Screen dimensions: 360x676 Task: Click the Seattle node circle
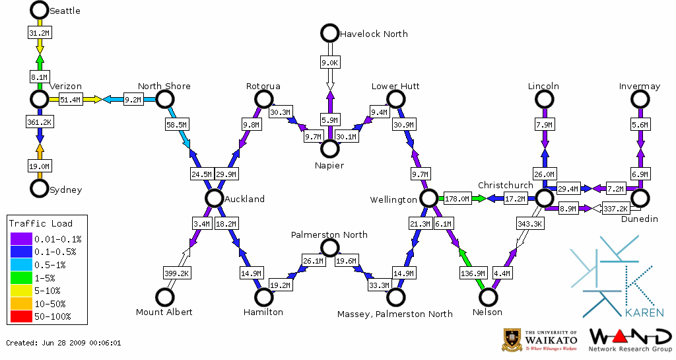[x=39, y=10]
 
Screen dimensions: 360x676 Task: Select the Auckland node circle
[x=213, y=198]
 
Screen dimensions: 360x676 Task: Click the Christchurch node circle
[x=544, y=198]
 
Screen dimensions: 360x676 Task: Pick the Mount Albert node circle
[x=164, y=297]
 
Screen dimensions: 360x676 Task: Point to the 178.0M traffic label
[x=457, y=198]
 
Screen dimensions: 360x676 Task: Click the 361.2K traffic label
[x=39, y=122]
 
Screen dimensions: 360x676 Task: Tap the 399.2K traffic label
[x=176, y=272]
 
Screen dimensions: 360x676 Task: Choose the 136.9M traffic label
[x=473, y=272]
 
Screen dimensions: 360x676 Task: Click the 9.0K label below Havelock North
[x=329, y=63]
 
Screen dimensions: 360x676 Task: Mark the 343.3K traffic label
[x=529, y=224]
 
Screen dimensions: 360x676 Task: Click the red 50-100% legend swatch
[x=22, y=316]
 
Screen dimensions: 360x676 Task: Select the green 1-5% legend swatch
[x=22, y=277]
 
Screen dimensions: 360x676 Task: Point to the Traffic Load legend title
[x=41, y=223]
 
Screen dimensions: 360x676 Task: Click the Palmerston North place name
[x=329, y=234]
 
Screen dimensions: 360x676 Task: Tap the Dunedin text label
[x=640, y=219]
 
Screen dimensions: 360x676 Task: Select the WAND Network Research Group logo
[x=630, y=340]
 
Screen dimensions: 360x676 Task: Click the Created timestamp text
[x=63, y=343]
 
